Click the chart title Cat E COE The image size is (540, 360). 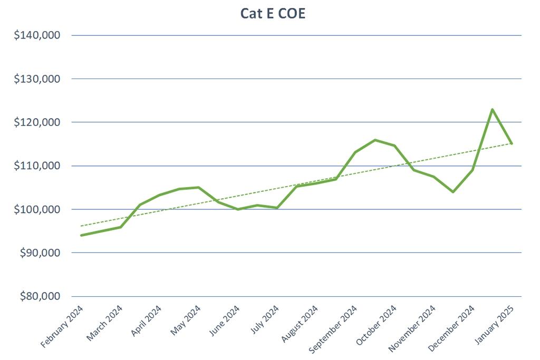coord(273,14)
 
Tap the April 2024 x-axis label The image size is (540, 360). coord(146,322)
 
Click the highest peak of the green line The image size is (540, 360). coord(492,110)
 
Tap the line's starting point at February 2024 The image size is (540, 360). coord(81,235)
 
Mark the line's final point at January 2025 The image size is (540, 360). coord(512,143)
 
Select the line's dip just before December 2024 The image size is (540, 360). coord(452,192)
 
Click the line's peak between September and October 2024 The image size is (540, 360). coord(375,140)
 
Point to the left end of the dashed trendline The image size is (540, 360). coord(81,226)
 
